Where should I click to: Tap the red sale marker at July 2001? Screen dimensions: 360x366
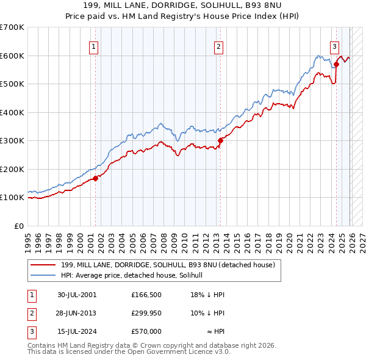[96, 179]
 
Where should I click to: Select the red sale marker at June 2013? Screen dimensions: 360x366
[220, 140]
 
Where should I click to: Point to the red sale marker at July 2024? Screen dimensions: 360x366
[336, 63]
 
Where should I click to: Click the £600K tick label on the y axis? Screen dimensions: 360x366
[12, 56]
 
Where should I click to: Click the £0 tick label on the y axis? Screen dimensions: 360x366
[20, 226]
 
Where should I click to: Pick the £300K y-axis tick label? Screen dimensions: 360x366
[12, 140]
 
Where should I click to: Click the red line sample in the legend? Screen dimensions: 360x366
[43, 265]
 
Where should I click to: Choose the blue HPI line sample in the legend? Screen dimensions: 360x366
[43, 275]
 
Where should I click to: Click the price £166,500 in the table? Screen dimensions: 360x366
[146, 295]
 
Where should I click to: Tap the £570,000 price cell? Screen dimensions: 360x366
[146, 331]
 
